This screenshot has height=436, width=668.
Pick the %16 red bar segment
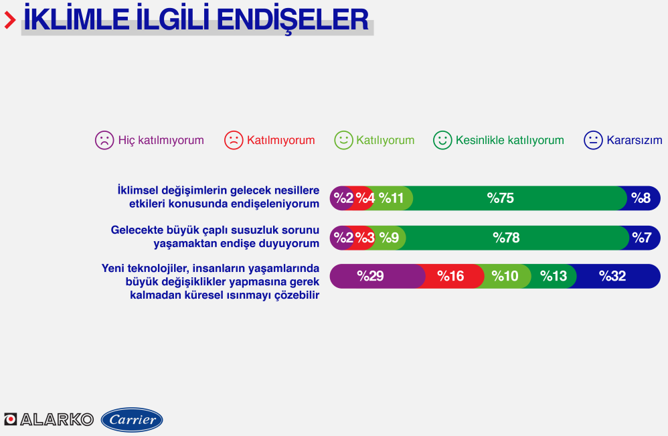[x=450, y=276]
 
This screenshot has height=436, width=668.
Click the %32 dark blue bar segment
[x=614, y=276]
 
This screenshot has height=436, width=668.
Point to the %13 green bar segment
[x=553, y=276]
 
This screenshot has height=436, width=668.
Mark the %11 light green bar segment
[x=391, y=198]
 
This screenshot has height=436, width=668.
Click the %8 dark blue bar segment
[x=641, y=198]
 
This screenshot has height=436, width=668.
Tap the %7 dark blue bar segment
[x=642, y=238]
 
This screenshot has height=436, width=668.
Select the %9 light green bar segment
[x=388, y=238]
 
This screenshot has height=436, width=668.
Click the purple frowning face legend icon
[x=104, y=140]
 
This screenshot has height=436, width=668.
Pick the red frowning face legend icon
[x=234, y=140]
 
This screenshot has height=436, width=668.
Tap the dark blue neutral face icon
[x=593, y=140]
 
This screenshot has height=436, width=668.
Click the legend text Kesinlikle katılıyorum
[x=509, y=140]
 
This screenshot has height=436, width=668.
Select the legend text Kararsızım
[x=635, y=140]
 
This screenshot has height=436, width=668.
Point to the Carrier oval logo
[x=132, y=420]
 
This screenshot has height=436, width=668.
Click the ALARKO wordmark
[x=57, y=419]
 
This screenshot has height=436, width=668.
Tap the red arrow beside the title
[x=10, y=20]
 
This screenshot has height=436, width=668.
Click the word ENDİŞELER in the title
[x=293, y=19]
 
